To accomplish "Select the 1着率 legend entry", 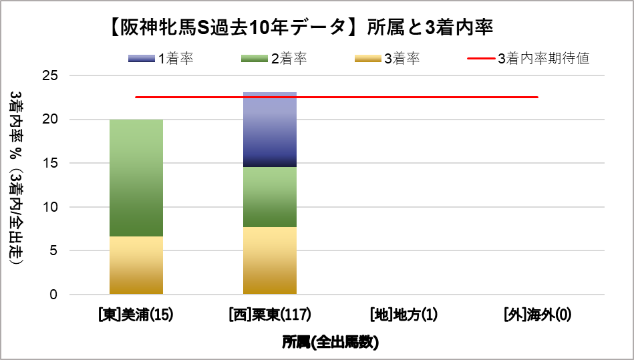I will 161,59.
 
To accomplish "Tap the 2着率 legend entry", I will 274,59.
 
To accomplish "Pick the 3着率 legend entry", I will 387,59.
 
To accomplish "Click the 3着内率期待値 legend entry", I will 528,59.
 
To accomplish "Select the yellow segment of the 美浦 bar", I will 136,265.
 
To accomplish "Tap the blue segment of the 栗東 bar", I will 269,129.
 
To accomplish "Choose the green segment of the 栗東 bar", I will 269,196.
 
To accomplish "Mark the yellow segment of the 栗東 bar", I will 269,260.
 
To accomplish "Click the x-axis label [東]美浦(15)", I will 136,315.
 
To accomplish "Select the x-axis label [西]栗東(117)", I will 269,315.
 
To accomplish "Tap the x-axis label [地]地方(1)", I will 404,315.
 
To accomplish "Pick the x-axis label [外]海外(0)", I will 537,315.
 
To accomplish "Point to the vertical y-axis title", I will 18,180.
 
